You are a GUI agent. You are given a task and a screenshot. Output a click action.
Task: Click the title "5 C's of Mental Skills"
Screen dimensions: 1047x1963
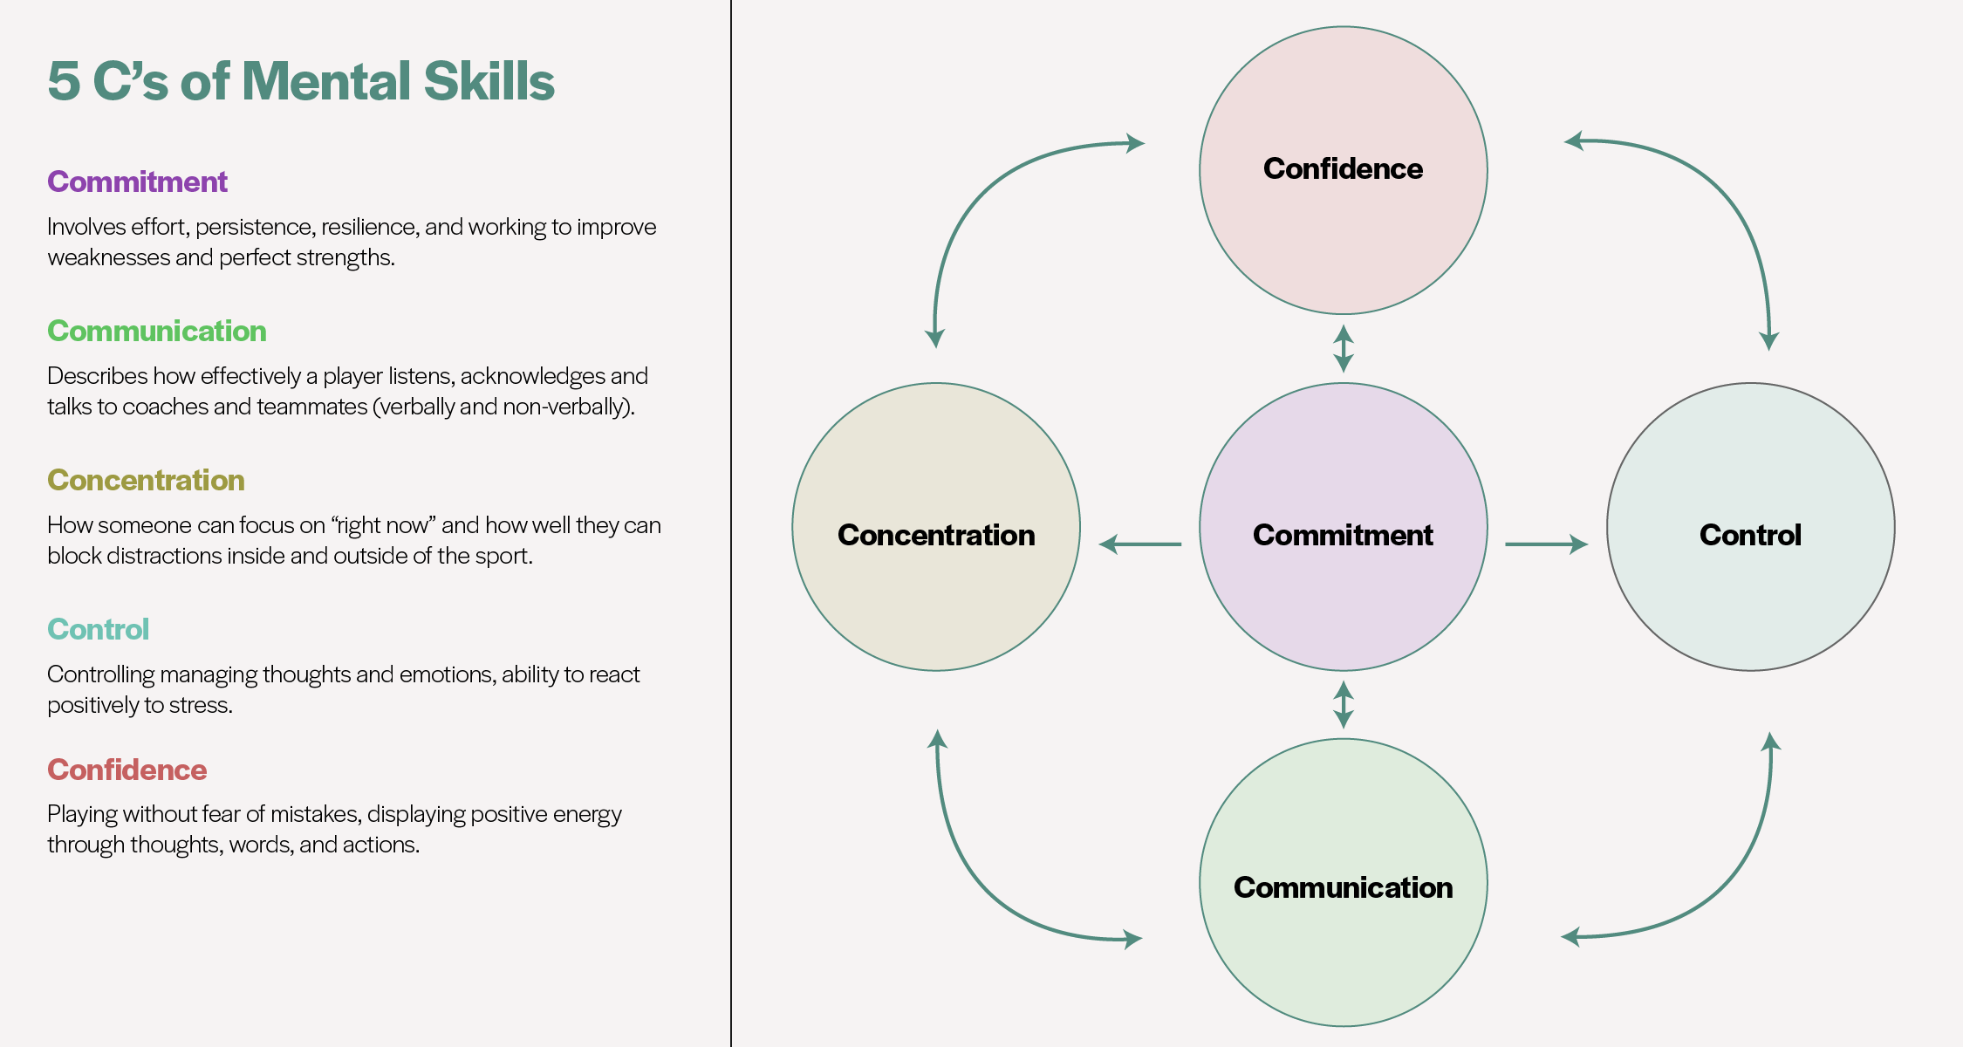301,81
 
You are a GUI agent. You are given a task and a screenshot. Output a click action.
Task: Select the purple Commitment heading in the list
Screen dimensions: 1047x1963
137,181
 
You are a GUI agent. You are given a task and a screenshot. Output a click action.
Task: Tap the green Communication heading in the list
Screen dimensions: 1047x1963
157,331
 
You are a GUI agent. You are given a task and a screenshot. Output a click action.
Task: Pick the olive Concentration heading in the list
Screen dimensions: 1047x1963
146,480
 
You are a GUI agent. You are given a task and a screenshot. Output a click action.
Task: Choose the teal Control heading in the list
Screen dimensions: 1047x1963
98,629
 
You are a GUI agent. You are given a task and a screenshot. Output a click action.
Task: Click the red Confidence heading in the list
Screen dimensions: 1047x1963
127,770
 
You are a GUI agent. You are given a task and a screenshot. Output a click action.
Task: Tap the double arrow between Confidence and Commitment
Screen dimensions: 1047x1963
1344,349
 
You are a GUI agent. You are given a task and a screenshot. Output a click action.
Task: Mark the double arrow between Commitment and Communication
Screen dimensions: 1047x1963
1344,705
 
